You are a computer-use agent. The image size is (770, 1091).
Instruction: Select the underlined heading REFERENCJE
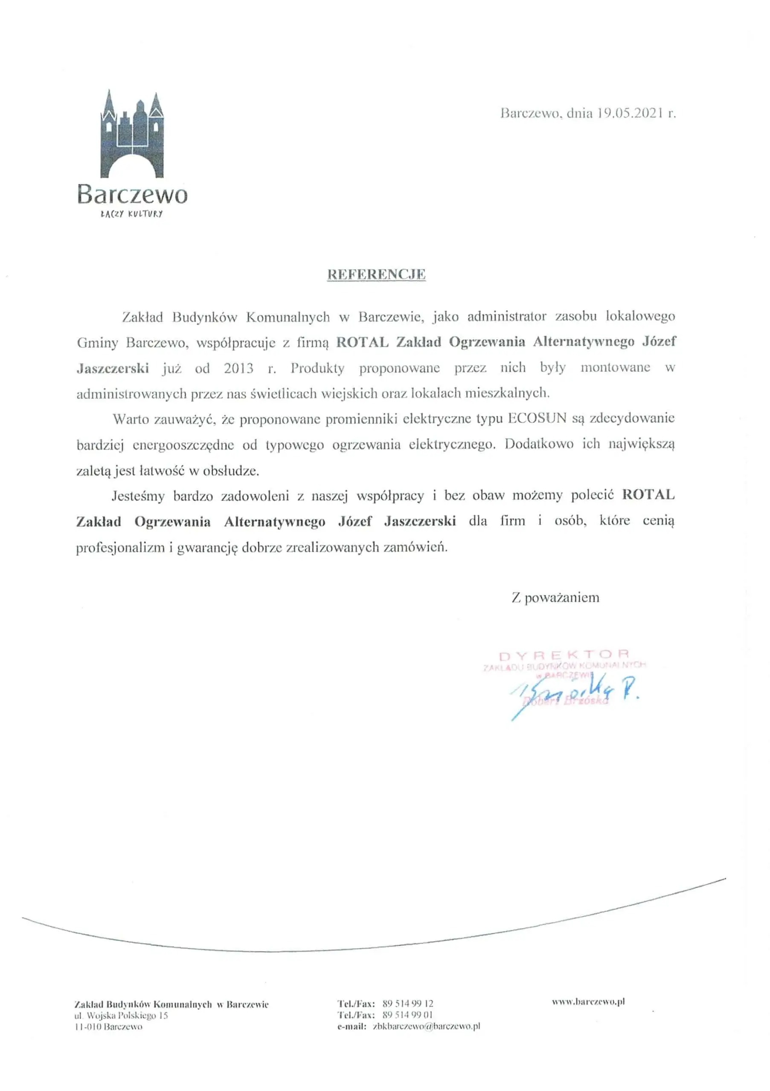[376, 274]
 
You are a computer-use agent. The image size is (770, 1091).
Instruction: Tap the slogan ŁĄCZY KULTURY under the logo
[132, 214]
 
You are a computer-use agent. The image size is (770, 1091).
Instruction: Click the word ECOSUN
[537, 419]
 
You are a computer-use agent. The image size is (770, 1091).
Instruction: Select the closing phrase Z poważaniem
[555, 597]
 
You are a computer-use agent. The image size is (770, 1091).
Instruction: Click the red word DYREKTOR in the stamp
[564, 655]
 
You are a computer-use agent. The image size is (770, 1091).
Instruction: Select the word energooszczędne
[183, 445]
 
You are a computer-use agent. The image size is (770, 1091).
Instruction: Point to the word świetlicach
[281, 393]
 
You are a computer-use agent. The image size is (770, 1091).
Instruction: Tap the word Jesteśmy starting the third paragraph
[138, 496]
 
